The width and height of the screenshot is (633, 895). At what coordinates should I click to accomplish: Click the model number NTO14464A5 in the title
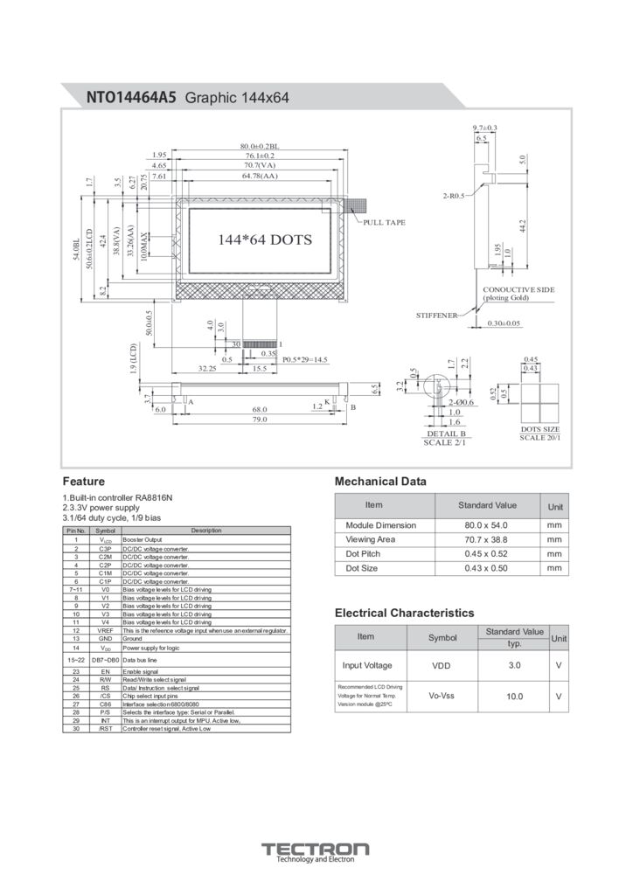coord(131,98)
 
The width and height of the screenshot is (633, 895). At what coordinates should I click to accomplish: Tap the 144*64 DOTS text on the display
coord(264,239)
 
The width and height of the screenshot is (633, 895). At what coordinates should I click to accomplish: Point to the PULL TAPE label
coord(385,222)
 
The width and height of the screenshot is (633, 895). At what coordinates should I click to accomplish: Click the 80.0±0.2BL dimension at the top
coord(259,145)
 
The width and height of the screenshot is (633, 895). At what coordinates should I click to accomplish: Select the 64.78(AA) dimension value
coord(260,177)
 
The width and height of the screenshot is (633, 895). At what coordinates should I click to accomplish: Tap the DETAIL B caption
coord(446,434)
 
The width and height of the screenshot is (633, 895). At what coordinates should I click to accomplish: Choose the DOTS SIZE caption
coord(540,429)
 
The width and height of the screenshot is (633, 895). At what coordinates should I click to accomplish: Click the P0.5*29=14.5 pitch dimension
coord(304,359)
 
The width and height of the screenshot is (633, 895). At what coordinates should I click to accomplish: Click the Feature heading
coord(84,481)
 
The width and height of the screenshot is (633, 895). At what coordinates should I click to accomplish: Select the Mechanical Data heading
coord(380,481)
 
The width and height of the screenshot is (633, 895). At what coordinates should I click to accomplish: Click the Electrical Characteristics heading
coord(404,613)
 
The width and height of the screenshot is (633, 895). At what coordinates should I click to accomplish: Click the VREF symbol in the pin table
coord(105,630)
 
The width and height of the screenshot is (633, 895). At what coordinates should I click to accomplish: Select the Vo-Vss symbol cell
coord(442,696)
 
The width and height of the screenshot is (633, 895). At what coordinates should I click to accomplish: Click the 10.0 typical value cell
coord(514,697)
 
